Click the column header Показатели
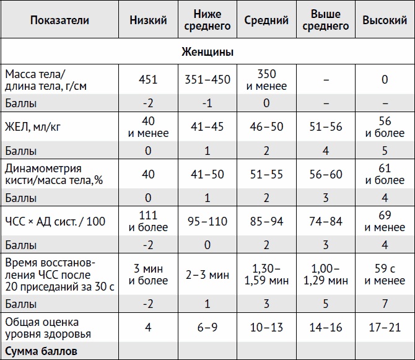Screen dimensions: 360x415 (59, 20)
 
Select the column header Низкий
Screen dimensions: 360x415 (149, 20)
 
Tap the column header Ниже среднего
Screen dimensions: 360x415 (207, 20)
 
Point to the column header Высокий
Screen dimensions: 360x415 (384, 20)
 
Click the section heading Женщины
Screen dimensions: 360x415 (207, 52)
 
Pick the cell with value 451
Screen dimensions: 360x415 (149, 79)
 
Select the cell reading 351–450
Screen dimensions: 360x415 (207, 79)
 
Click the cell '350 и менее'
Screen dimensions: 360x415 (266, 80)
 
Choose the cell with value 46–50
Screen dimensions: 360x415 (266, 127)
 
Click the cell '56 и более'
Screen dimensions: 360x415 (384, 127)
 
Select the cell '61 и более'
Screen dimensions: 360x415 (384, 174)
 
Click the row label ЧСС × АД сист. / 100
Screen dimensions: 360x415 (55, 221)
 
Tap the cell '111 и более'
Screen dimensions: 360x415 (149, 221)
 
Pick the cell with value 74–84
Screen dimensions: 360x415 (326, 221)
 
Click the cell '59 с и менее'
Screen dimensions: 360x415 (384, 274)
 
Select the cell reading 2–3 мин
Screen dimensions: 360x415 (207, 274)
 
